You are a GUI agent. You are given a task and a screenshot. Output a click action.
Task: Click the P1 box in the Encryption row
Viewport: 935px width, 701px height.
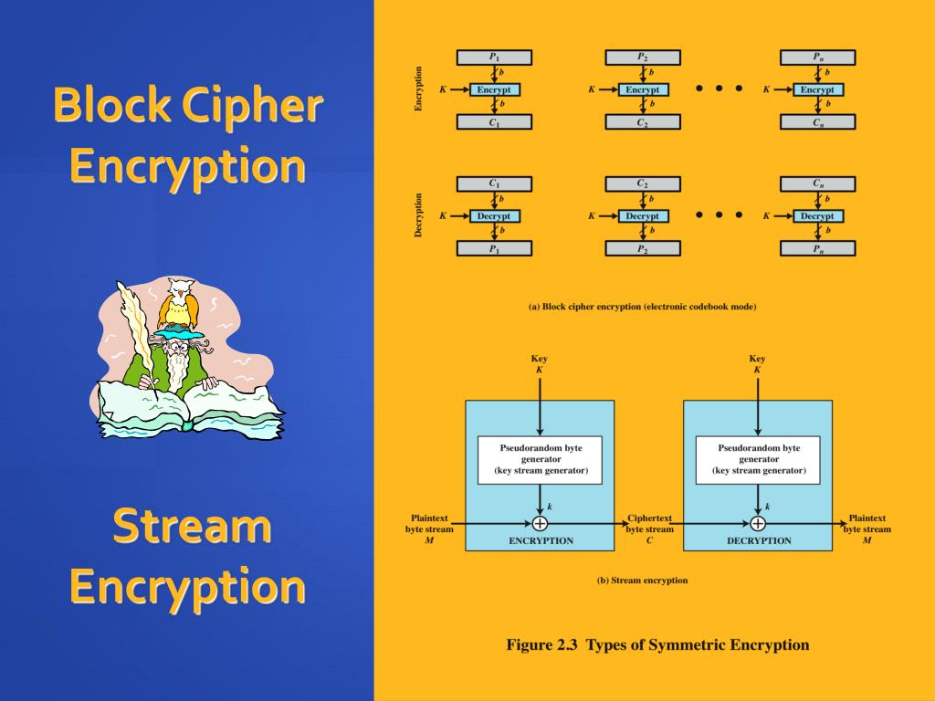[494, 58]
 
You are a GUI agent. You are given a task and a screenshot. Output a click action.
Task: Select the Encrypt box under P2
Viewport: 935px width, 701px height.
[643, 89]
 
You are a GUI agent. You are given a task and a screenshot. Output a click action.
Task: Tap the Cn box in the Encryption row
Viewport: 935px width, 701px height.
[817, 121]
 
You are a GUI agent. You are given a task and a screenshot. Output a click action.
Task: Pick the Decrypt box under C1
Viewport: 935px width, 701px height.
[494, 216]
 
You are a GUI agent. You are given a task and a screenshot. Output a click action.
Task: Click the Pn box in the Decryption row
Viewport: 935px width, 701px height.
[817, 247]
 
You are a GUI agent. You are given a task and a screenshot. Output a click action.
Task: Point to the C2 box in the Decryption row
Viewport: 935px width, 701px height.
[643, 184]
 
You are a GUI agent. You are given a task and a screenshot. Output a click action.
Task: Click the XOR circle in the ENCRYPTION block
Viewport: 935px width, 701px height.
[540, 523]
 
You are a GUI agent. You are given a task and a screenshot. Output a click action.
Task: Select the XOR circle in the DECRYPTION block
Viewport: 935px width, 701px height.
[757, 523]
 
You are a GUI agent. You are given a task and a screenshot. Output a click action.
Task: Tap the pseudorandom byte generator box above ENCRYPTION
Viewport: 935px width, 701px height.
[540, 459]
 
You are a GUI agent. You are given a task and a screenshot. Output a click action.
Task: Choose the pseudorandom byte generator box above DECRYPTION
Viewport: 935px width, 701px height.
[757, 459]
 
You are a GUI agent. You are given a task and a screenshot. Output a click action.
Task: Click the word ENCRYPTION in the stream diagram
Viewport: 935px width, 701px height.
[541, 540]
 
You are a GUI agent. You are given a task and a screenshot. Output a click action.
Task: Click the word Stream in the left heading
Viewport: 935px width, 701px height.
[192, 527]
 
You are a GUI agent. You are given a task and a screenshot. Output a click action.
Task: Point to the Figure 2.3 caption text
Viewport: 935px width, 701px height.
[657, 645]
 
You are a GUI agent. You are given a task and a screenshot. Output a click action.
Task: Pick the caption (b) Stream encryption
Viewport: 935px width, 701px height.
[642, 581]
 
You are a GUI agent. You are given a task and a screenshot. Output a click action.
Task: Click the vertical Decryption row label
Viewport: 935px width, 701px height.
[419, 215]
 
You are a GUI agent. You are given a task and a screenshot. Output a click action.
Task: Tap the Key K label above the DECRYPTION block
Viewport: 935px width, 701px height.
[757, 364]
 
